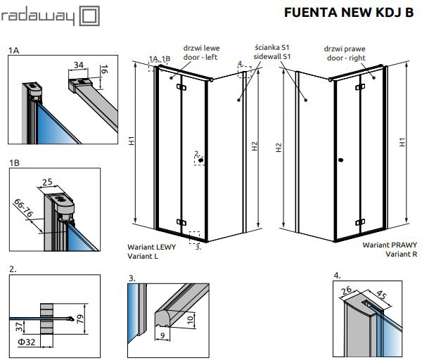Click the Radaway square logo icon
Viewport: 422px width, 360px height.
(89, 16)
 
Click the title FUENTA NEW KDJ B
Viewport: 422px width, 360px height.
(349, 13)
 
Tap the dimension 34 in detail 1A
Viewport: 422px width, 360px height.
(79, 65)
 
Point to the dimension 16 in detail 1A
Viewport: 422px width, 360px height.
(104, 69)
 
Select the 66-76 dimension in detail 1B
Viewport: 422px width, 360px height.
(23, 208)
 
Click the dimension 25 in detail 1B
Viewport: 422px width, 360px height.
(47, 182)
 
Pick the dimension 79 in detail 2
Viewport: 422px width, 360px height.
(80, 319)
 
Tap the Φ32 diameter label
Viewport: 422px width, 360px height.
(27, 342)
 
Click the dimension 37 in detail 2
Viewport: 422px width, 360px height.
(19, 326)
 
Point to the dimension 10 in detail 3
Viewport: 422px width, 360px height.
(190, 320)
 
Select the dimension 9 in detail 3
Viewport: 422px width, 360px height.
(162, 335)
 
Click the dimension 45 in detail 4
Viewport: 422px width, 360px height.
(381, 295)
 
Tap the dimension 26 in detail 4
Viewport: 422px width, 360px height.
(346, 290)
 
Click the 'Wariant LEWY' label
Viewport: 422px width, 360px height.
(151, 247)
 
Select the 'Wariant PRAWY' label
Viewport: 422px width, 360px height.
(390, 245)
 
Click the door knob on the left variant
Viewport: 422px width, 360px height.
(200, 160)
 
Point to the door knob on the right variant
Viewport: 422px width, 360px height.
(340, 160)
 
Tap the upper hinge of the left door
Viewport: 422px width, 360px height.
(181, 87)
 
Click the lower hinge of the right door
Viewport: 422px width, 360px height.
(360, 222)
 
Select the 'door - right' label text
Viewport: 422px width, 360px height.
(346, 58)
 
